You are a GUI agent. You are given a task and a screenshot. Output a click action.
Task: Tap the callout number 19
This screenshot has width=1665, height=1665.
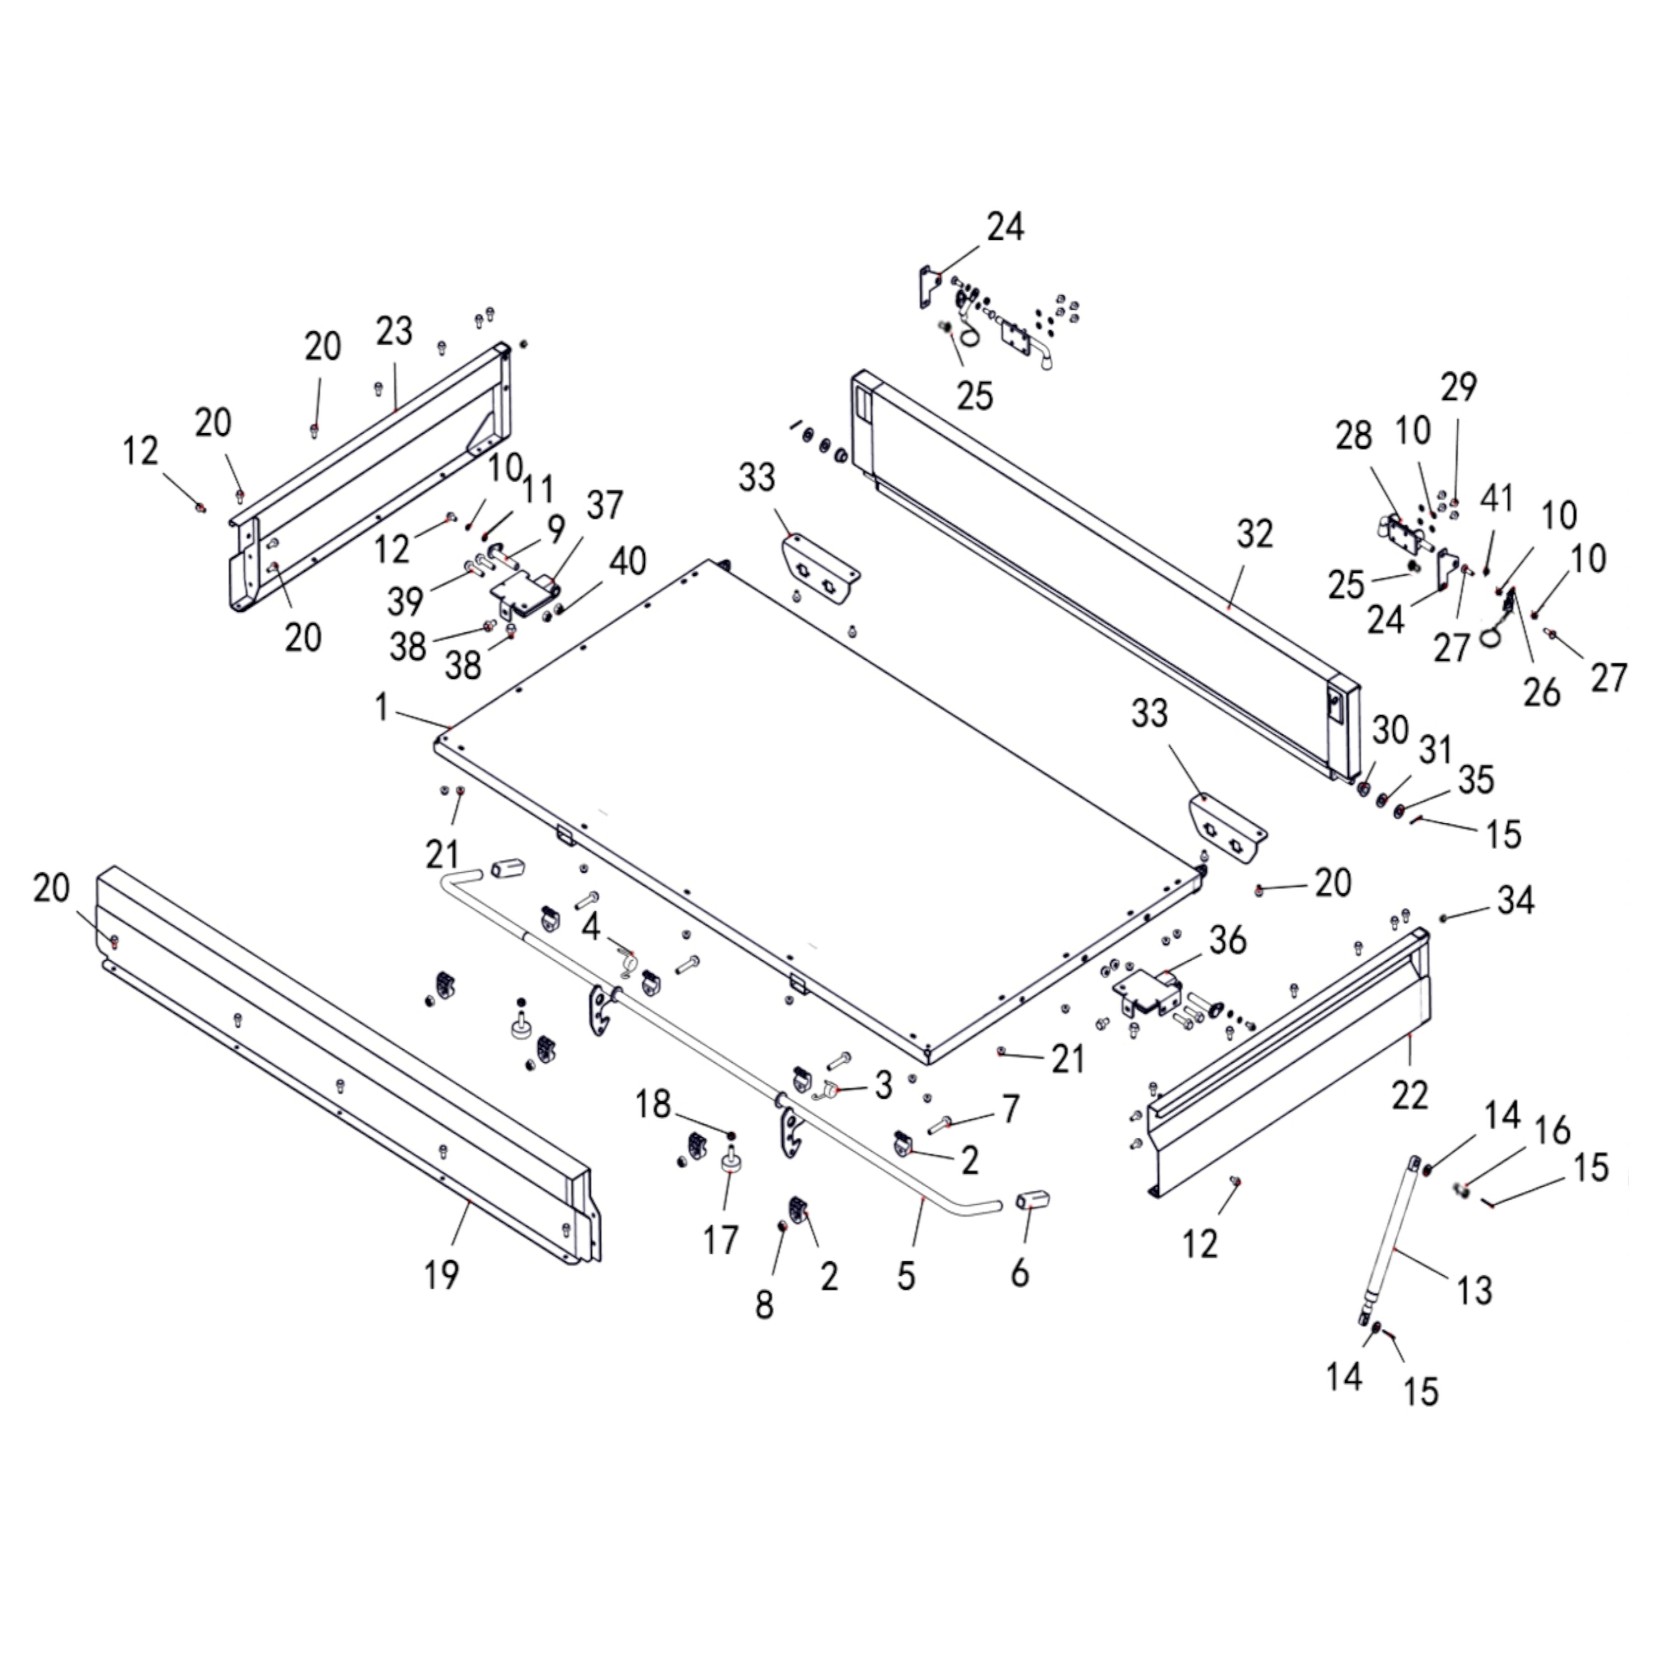point(441,1274)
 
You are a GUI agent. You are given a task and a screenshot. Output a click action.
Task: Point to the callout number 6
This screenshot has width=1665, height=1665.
point(1019,1272)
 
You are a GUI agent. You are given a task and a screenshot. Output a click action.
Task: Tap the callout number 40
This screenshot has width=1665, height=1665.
point(627,562)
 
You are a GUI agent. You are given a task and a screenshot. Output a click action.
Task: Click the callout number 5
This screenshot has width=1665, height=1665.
point(905,1275)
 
